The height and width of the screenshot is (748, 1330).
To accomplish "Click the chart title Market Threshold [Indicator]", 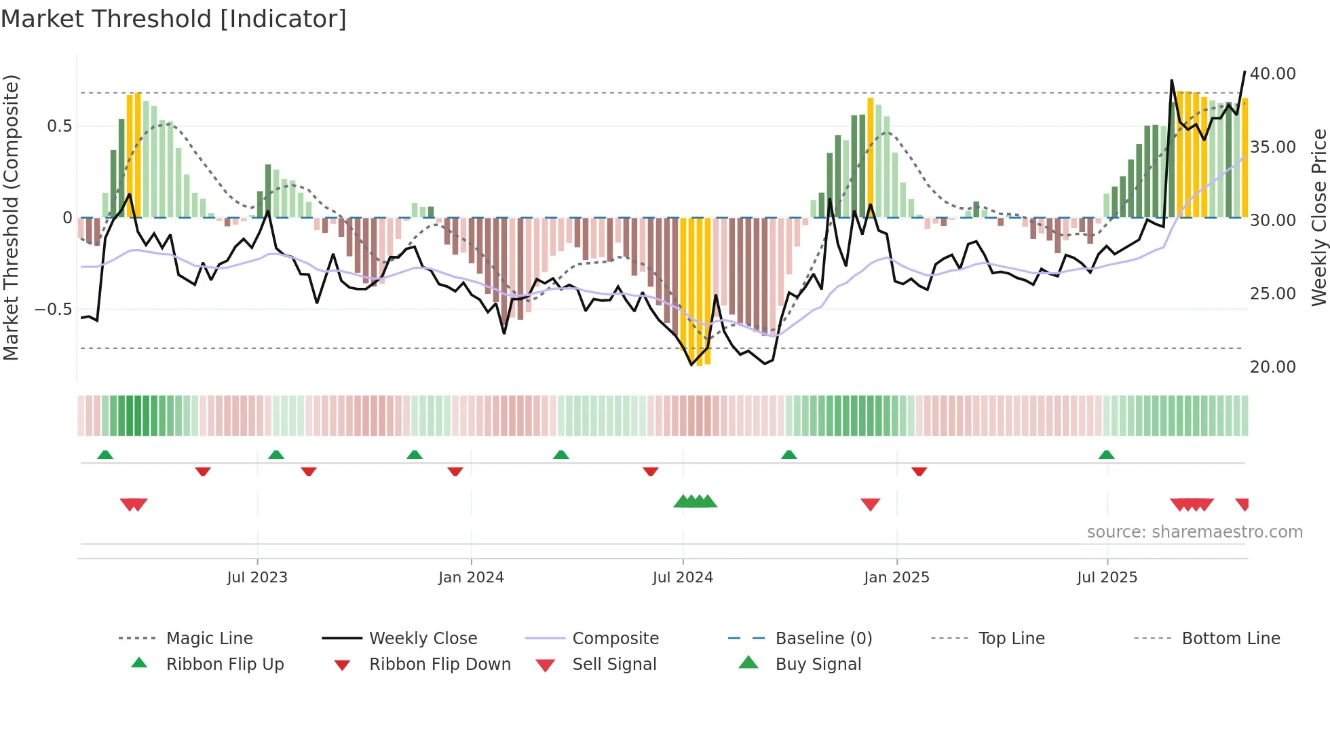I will point(174,19).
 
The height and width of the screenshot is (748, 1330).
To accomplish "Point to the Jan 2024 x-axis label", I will point(471,578).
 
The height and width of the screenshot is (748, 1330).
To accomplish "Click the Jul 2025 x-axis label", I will point(1107,578).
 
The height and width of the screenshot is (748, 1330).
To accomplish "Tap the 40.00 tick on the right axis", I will point(1272,74).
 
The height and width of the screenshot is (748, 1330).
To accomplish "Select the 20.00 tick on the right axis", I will point(1272,367).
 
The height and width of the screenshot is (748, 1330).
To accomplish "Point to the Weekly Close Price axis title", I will point(1318,217).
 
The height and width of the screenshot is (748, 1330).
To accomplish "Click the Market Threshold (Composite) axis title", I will point(11,217).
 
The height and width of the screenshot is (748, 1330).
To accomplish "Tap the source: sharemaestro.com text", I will point(1194,532).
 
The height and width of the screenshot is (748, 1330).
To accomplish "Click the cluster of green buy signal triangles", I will point(695,502).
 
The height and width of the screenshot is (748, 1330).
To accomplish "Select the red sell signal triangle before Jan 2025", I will point(870,504).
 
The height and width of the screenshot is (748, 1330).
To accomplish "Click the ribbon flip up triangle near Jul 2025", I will point(1106,455).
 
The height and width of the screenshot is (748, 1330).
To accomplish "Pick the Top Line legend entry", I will point(1011,639).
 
